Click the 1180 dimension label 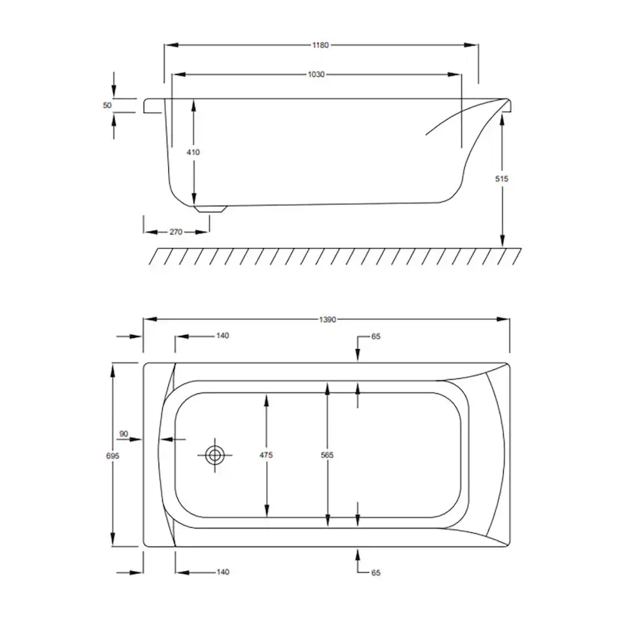320,45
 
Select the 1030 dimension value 316,74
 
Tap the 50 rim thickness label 108,105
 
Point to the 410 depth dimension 193,152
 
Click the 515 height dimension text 502,179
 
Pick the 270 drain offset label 176,232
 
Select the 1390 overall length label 327,319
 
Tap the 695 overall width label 112,455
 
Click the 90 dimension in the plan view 123,434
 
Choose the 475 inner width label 266,455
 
